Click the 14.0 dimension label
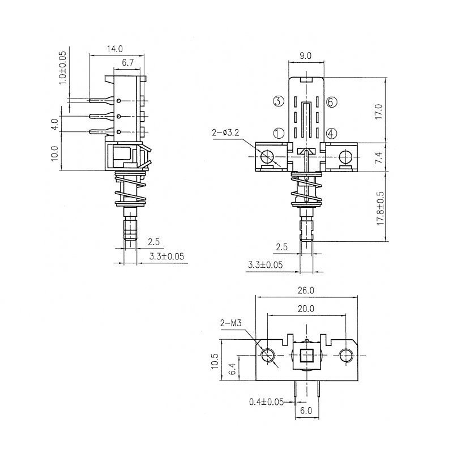point(116,49)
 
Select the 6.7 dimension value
point(127,62)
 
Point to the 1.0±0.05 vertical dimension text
point(63,67)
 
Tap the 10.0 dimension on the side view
point(55,153)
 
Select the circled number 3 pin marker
point(278,101)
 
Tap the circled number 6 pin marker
point(332,102)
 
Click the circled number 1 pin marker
point(278,134)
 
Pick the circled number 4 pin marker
point(332,134)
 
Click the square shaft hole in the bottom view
point(306,356)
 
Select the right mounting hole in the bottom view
point(347,356)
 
